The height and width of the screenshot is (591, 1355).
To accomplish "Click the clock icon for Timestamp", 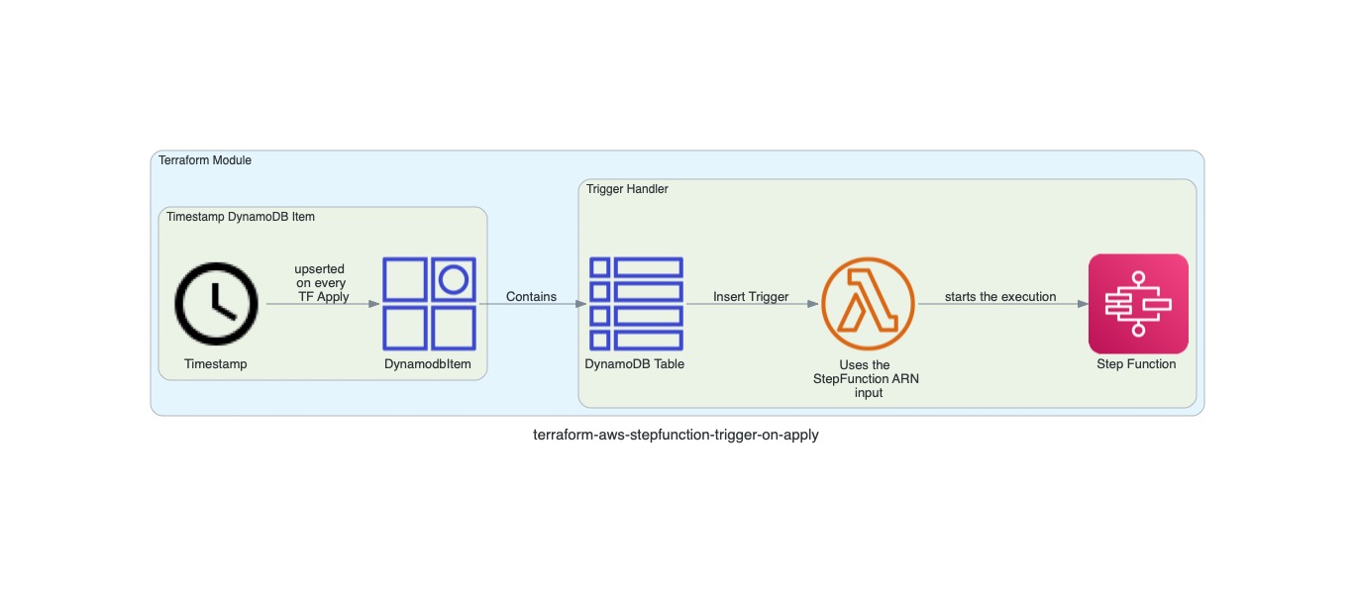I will pyautogui.click(x=216, y=304).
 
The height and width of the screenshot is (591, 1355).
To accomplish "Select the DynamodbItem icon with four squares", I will pyautogui.click(x=429, y=304).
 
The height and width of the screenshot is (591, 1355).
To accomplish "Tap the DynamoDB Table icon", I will pyautogui.click(x=635, y=304).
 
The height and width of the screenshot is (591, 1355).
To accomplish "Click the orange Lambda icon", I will pyautogui.click(x=868, y=304).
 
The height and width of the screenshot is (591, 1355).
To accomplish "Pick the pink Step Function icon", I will pyautogui.click(x=1137, y=304).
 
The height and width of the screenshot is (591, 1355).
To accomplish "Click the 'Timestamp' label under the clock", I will pyautogui.click(x=216, y=364).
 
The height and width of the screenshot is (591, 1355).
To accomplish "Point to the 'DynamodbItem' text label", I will pyautogui.click(x=428, y=364).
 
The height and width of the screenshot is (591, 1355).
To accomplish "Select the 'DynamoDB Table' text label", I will pyautogui.click(x=635, y=364).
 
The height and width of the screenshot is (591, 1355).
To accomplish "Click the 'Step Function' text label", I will pyautogui.click(x=1136, y=364).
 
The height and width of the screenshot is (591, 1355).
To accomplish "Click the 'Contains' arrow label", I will pyautogui.click(x=531, y=297).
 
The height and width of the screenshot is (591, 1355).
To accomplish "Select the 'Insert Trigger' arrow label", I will pyautogui.click(x=751, y=297).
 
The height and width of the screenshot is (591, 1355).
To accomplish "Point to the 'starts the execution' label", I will pyautogui.click(x=1000, y=297).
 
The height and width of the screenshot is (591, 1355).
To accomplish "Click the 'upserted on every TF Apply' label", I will pyautogui.click(x=321, y=283).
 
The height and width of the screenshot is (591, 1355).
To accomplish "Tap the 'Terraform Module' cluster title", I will pyautogui.click(x=205, y=160).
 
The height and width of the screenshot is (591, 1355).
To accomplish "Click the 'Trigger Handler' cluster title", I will pyautogui.click(x=627, y=189).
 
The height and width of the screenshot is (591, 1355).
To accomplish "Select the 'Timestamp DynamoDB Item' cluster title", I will pyautogui.click(x=241, y=217).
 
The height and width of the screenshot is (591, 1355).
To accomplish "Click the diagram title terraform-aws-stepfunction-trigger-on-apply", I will pyautogui.click(x=676, y=435).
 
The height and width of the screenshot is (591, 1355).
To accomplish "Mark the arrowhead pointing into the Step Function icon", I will pyautogui.click(x=1082, y=304).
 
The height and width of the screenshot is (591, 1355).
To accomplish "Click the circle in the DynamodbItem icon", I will pyautogui.click(x=454, y=280).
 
